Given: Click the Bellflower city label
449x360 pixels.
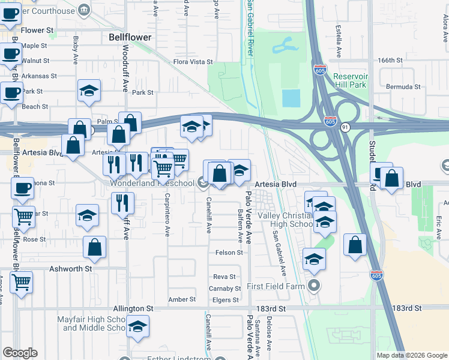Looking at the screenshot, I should click(x=130, y=37).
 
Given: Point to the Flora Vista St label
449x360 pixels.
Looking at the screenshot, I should click(x=193, y=62).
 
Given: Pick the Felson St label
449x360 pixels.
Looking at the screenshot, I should click(x=229, y=253).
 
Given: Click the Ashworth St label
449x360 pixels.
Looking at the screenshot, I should click(x=71, y=269).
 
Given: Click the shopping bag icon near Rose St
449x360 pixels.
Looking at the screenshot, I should click(x=95, y=247).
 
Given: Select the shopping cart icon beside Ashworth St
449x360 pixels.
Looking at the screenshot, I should click(x=22, y=281).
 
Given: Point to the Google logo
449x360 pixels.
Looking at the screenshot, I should click(x=20, y=353).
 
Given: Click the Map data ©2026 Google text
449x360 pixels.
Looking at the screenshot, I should click(x=411, y=355).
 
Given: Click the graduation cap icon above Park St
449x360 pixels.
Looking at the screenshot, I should click(x=89, y=91).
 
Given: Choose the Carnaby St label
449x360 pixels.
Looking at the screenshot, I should click(x=225, y=289).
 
